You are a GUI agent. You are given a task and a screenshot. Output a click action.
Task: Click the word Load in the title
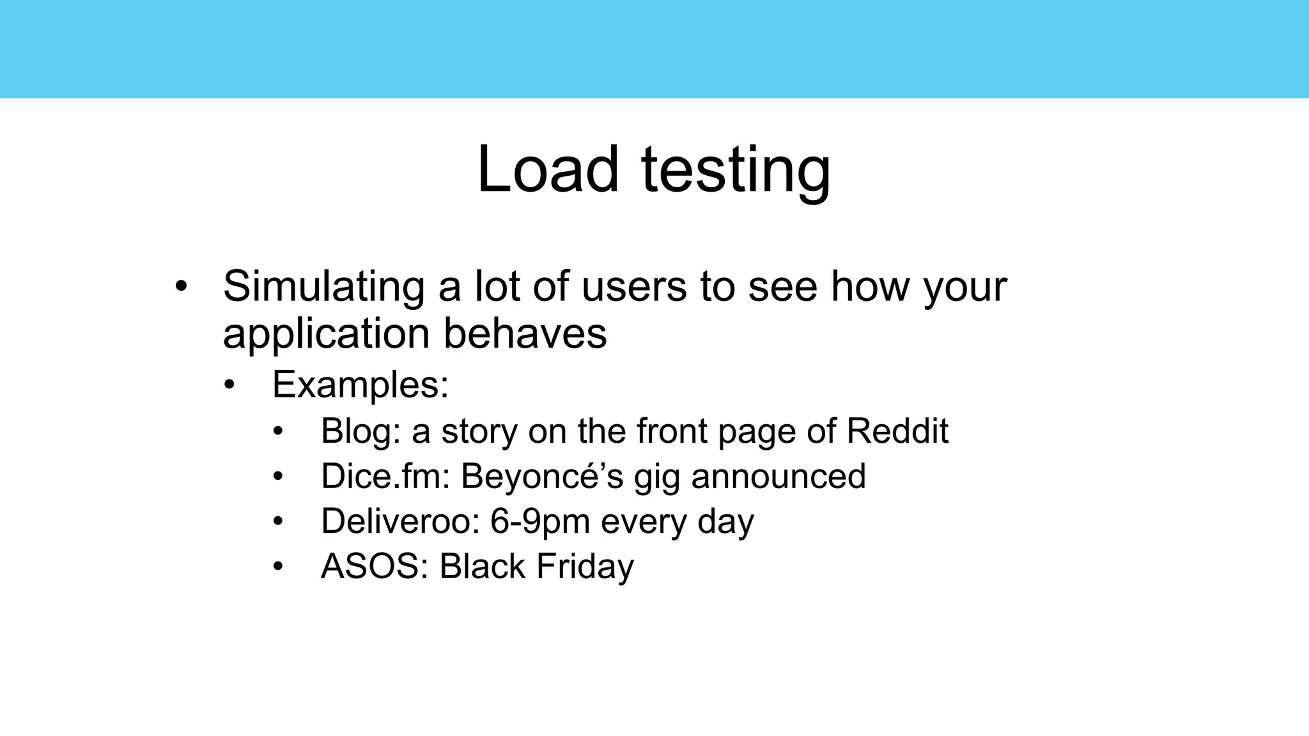[548, 169]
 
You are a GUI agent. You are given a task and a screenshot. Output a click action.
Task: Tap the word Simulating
[323, 286]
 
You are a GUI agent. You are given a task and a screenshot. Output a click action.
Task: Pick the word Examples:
[360, 385]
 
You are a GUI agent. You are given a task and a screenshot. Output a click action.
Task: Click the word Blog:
[360, 431]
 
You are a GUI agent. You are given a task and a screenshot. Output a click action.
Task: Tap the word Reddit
[897, 431]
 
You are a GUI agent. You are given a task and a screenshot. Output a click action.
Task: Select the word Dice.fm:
[385, 476]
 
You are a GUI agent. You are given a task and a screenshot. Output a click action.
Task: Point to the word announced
[778, 477]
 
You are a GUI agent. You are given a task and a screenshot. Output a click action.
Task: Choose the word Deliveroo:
[400, 521]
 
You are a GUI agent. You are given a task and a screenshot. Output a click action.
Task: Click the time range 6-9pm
[539, 522]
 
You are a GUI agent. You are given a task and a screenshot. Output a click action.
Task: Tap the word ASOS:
[375, 567]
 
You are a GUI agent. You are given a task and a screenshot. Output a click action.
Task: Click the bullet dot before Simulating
[182, 286]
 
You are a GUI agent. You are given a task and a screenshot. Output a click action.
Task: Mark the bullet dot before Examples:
[230, 385]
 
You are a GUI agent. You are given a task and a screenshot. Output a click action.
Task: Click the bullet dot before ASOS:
[277, 567]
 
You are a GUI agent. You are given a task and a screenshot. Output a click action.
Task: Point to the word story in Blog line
[479, 432]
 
